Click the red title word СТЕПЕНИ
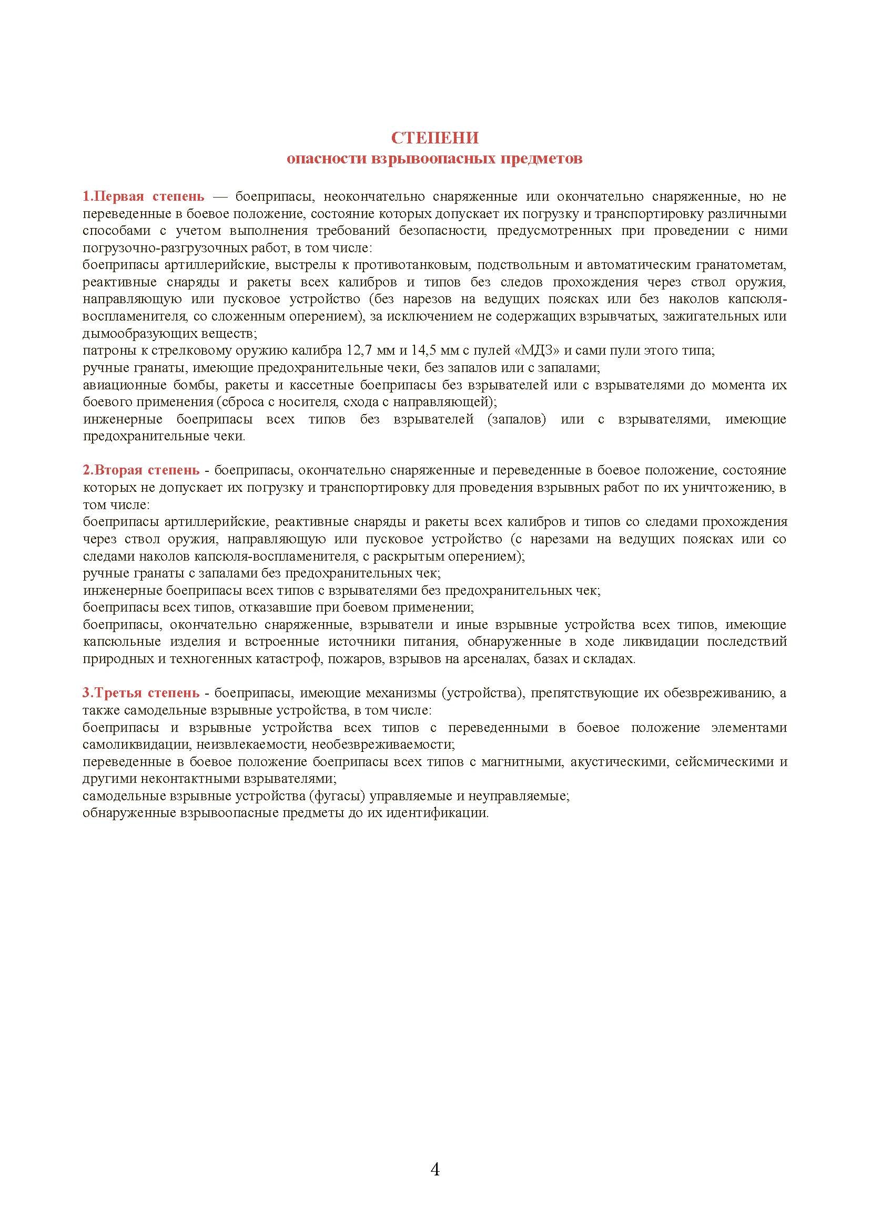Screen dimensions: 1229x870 tap(434, 138)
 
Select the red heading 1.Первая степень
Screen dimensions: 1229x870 tap(143, 197)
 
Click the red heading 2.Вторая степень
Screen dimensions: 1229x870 tap(141, 470)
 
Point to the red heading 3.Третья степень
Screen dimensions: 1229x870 tap(141, 693)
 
